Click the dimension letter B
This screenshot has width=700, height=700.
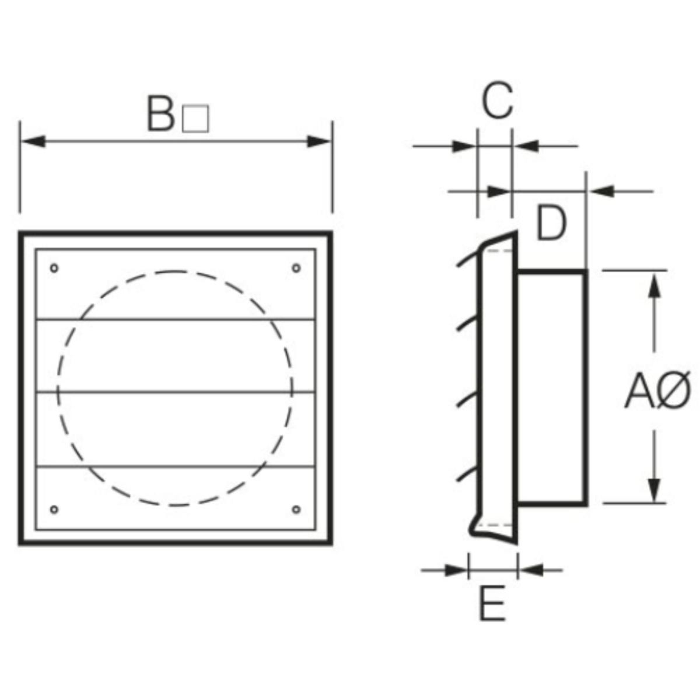(x=160, y=114)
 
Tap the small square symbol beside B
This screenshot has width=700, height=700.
(x=195, y=118)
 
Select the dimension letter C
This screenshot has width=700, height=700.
(x=497, y=100)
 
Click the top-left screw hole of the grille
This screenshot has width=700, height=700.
(x=54, y=268)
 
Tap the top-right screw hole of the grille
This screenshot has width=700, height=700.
(x=296, y=268)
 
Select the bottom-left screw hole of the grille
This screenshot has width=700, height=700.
(x=54, y=509)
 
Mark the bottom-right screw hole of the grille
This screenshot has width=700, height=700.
(x=296, y=509)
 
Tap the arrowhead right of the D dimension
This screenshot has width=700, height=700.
(x=601, y=191)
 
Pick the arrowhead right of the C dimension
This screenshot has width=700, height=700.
(x=525, y=145)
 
